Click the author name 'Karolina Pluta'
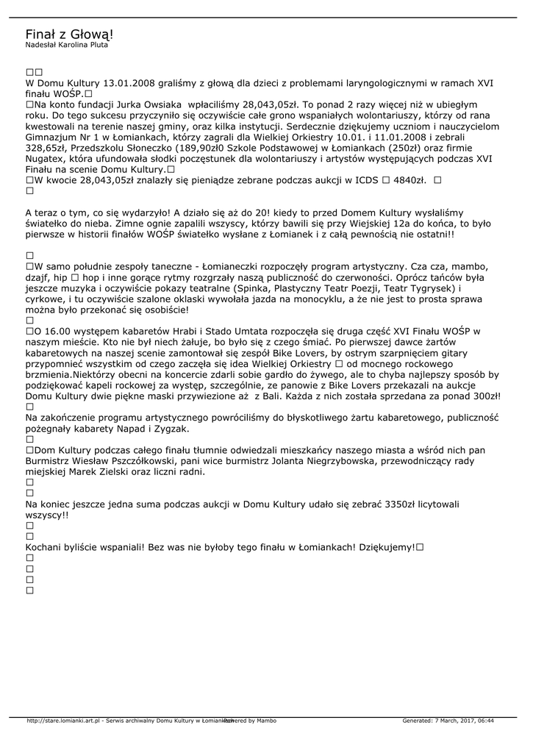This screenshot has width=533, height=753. pyautogui.click(x=82, y=45)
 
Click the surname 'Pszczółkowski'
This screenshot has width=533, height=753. pyautogui.click(x=135, y=460)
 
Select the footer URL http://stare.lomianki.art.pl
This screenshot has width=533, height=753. pyautogui.click(x=62, y=721)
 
